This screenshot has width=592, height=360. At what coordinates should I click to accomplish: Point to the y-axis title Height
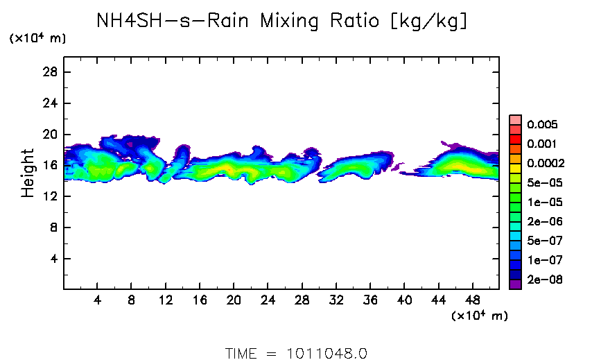pos(28,173)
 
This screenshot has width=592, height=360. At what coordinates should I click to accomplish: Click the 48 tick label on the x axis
pos(472,302)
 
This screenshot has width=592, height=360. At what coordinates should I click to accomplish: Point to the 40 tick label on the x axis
pos(404,302)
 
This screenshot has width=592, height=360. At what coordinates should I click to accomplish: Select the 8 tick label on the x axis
pos(132,302)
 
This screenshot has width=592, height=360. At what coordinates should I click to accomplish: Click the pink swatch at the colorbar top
pos(515,119)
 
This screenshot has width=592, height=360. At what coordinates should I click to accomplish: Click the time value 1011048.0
pos(327,353)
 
